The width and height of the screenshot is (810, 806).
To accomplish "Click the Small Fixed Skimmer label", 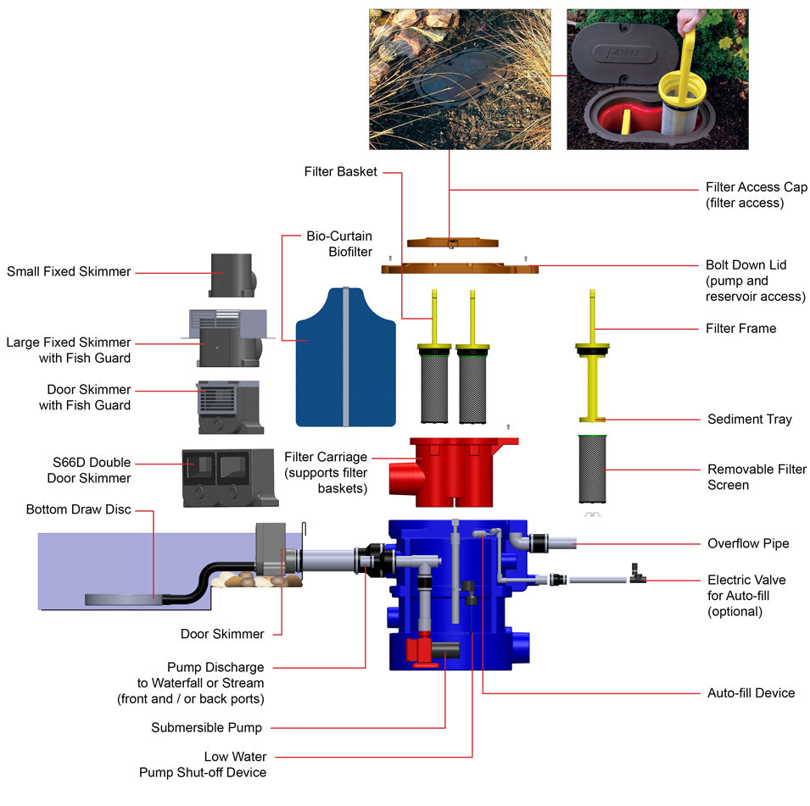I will point(69,272).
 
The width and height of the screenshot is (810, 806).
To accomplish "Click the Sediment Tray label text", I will point(749,420).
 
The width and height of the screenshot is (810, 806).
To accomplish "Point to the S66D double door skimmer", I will point(229,478).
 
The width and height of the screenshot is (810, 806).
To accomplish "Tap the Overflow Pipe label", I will point(748,543).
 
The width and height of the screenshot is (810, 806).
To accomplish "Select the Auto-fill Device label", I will point(751,693).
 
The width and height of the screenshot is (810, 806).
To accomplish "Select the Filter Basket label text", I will point(341,172).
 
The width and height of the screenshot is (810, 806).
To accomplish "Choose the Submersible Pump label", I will point(206,727).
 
